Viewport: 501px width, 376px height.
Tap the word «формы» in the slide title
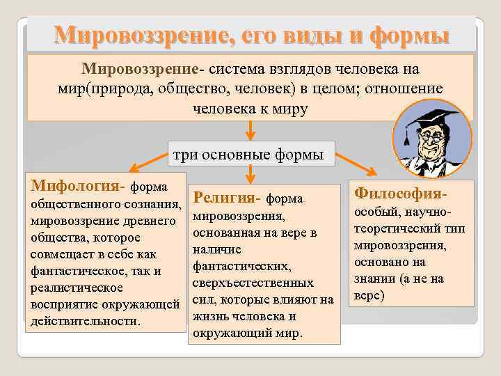(408, 36)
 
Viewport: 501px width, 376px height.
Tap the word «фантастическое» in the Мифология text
(74, 270)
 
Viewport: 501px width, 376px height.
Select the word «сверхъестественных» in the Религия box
(253, 283)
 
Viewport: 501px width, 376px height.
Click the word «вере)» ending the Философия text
(369, 295)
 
